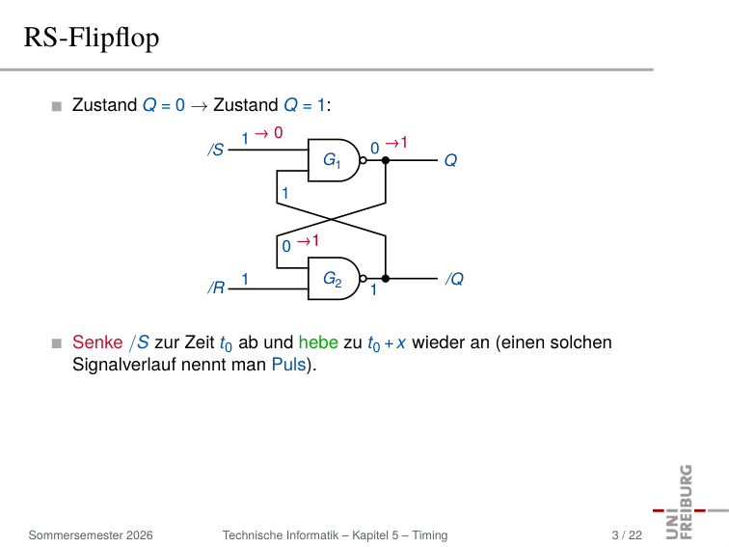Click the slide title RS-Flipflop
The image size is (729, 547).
91,39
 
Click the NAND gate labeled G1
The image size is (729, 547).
334,160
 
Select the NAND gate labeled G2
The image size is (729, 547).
334,278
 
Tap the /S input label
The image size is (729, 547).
216,150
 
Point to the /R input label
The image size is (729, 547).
216,287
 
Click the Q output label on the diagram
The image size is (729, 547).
450,161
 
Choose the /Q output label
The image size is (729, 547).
454,279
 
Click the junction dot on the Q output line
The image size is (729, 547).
386,160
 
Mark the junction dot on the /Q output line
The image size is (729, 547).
386,279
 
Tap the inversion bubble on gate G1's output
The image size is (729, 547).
364,160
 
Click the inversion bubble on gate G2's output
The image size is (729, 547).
364,279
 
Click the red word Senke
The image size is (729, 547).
97,342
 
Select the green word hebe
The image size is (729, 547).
318,342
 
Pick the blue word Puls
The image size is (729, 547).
289,365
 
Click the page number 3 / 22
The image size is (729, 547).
627,535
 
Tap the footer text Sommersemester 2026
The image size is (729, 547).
91,535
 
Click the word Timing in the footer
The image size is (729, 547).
430,535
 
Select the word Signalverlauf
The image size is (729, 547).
124,365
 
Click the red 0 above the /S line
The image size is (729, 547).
278,132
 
